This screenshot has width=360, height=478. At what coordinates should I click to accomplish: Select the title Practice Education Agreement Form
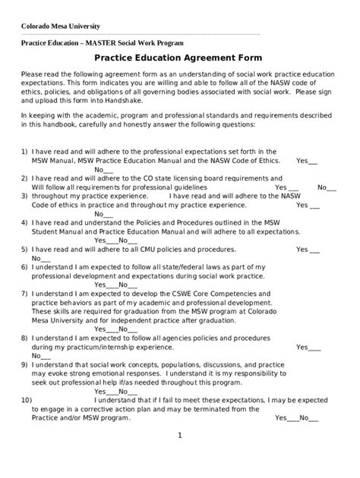click(x=178, y=58)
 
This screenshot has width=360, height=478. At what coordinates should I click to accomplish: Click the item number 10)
click(x=27, y=398)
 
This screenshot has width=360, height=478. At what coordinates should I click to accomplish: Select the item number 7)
click(x=24, y=291)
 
